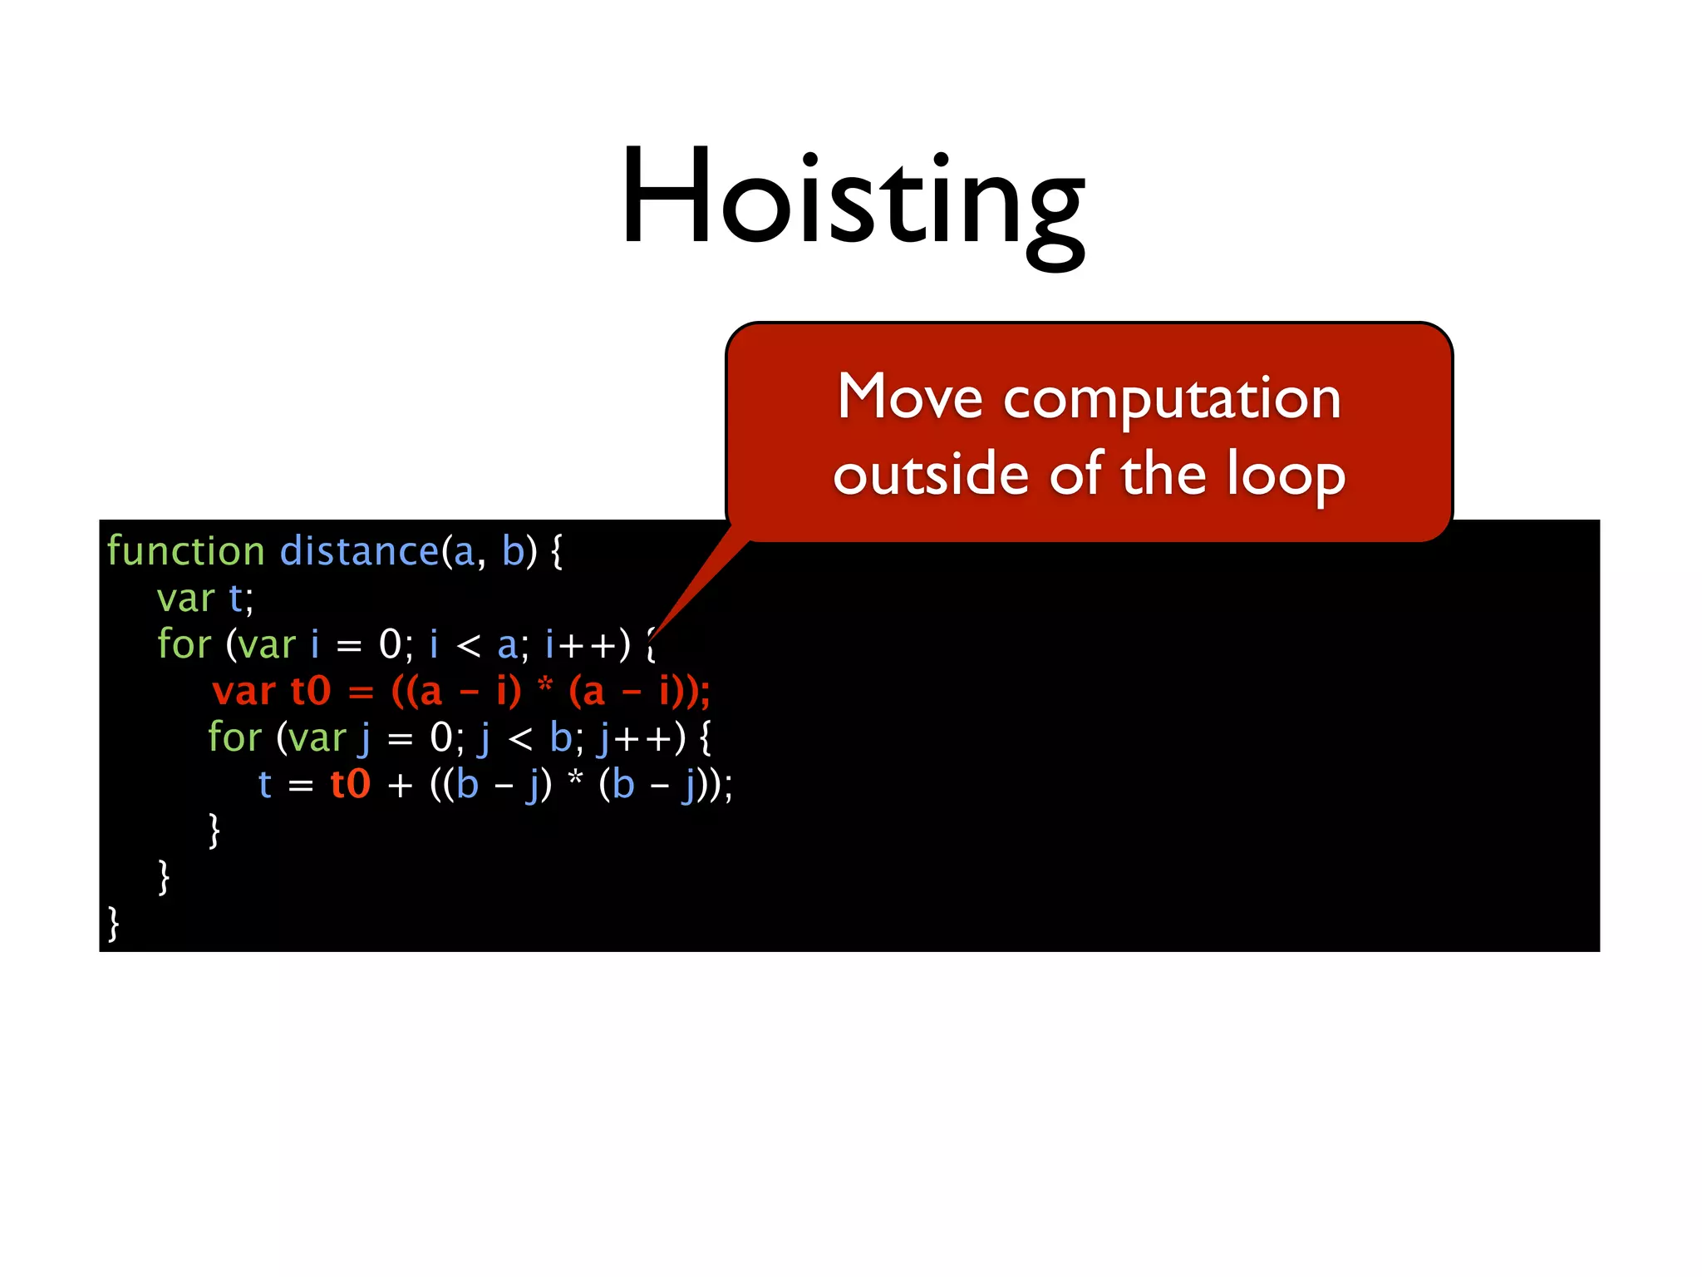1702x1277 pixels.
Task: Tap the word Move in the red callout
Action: click(909, 397)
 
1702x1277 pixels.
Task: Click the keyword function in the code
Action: click(185, 551)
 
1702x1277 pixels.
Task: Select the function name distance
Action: click(358, 551)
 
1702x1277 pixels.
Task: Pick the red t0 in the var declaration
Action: click(311, 691)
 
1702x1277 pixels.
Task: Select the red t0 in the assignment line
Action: click(350, 784)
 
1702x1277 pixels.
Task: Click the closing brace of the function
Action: click(114, 924)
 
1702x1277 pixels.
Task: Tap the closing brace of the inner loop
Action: click(214, 831)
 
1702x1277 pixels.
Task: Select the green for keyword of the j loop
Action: click(234, 737)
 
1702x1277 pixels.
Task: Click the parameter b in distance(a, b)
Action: click(513, 551)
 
